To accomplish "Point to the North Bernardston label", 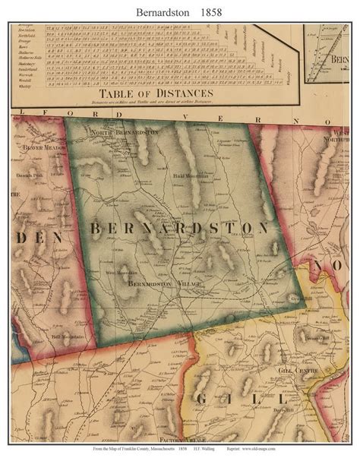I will [125, 131].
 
